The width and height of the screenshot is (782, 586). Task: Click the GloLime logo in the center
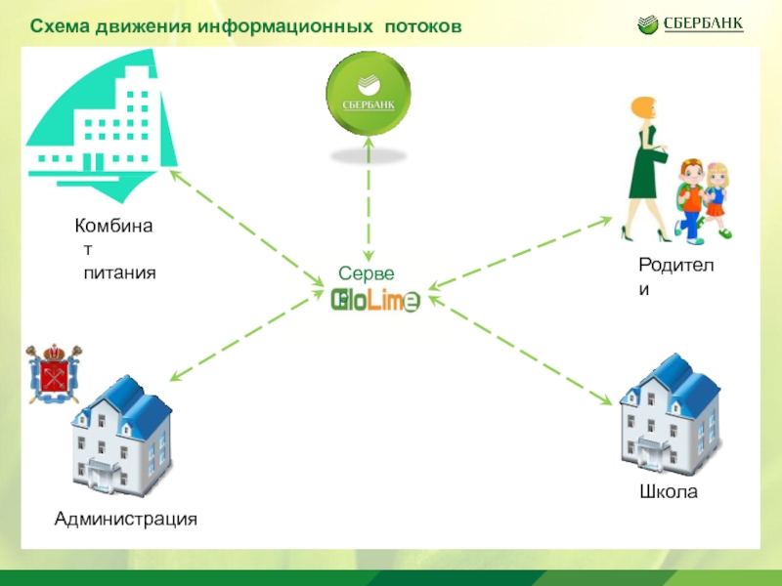[x=375, y=302]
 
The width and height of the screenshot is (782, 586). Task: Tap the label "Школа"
[x=669, y=492]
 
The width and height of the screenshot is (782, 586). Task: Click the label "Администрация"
[x=126, y=519]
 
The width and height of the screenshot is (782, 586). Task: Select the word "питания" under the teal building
[x=119, y=275]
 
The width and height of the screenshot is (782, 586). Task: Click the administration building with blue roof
[x=120, y=438]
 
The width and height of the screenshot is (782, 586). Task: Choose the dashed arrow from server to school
[x=528, y=350]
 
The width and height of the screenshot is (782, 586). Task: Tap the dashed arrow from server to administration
[x=244, y=337]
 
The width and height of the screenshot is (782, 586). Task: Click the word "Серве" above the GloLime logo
[x=367, y=275]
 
